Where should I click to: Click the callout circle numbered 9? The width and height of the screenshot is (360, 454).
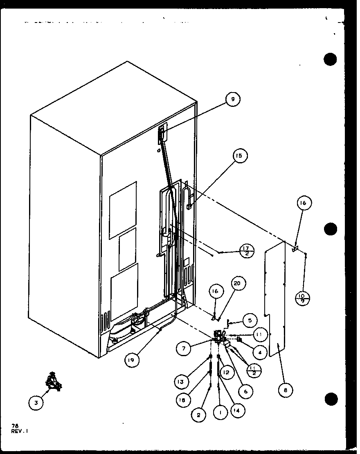click(x=233, y=99)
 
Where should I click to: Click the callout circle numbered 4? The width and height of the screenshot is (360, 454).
click(x=259, y=351)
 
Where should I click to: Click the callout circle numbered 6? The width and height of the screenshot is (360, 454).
click(x=245, y=391)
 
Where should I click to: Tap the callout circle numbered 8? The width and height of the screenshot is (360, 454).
click(x=285, y=390)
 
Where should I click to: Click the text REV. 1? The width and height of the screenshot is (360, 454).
click(x=20, y=431)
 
